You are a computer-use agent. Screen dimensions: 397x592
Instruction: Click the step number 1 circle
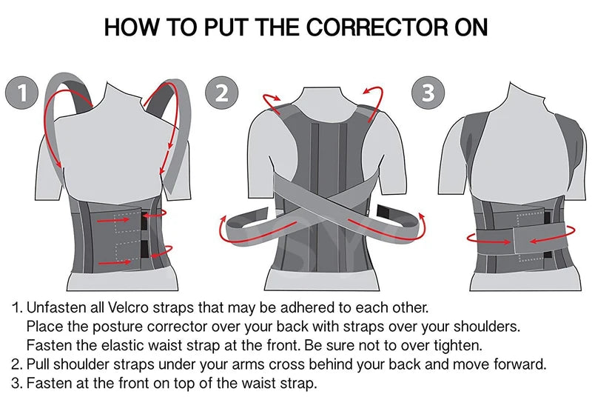[x=23, y=93]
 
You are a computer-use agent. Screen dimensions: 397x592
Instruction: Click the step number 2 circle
[x=221, y=93]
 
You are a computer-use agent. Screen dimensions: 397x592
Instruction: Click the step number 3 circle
[x=427, y=93]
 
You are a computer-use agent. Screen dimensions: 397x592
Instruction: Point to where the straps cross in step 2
[x=323, y=201]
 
